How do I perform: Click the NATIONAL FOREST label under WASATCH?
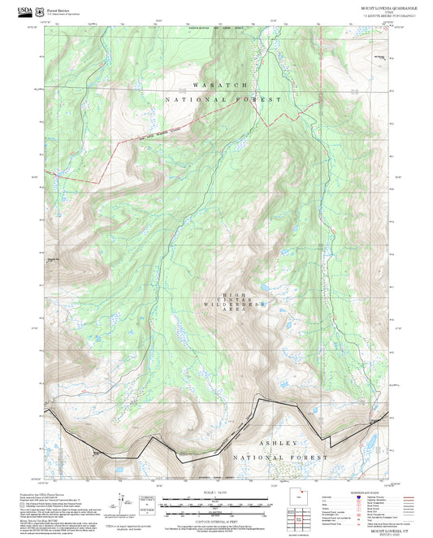(x=223, y=99)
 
